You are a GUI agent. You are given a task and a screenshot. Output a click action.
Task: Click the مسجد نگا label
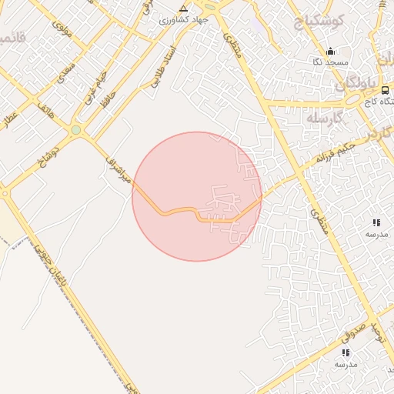pyautogui.click(x=331, y=62)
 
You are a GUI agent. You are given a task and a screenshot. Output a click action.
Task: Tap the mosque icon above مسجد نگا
pyautogui.click(x=331, y=50)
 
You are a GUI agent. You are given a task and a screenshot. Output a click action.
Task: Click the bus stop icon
pyautogui.click(x=385, y=90)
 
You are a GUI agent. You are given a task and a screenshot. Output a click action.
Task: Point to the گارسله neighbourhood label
pyautogui.click(x=323, y=119)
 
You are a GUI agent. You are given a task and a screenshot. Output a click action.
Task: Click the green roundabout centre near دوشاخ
pyautogui.click(x=75, y=131)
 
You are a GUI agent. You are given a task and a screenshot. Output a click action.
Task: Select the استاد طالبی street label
pyautogui.click(x=164, y=64)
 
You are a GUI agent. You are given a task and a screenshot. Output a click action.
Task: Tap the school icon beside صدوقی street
pyautogui.click(x=345, y=352)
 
